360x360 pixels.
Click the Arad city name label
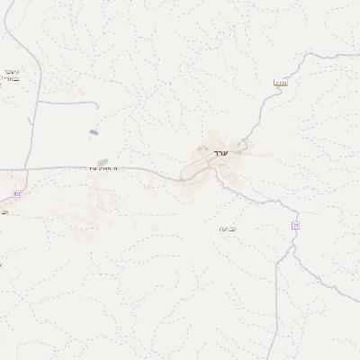point(221,153)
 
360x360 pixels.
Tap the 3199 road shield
point(281,83)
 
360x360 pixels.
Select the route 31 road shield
point(294,224)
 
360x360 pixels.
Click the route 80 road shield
point(16,193)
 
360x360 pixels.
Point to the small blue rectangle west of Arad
point(94,133)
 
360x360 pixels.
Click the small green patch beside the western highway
point(103,161)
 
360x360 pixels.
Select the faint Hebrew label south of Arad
point(227,229)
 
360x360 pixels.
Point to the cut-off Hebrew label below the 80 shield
point(4,212)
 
